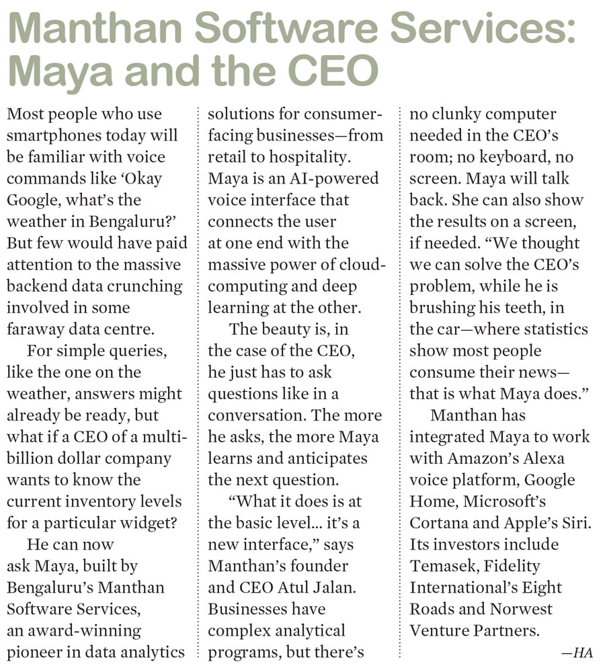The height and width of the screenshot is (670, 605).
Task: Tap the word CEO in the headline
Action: [331, 72]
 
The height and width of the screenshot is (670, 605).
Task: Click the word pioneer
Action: [34, 652]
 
